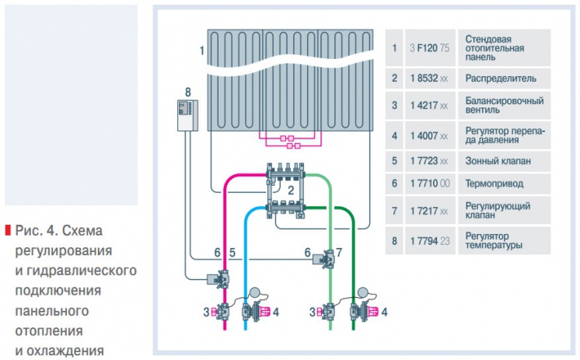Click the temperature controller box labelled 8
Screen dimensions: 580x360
(188, 115)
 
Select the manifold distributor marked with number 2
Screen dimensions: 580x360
(286, 190)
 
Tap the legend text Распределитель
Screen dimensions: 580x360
(501, 79)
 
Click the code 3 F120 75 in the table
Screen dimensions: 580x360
(430, 48)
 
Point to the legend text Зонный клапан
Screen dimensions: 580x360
(498, 161)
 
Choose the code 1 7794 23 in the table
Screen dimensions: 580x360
(430, 241)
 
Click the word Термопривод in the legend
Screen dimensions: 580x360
(494, 183)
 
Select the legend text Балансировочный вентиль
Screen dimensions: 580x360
(504, 105)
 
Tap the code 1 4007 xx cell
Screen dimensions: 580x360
(429, 136)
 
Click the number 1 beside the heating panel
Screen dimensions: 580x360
(201, 51)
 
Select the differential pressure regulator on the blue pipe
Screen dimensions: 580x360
(256, 312)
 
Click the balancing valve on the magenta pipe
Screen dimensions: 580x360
(221, 312)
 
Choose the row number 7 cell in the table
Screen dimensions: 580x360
(394, 211)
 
